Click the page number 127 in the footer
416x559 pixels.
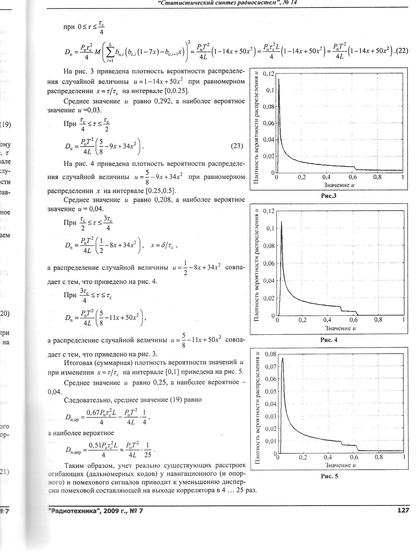pos(403,510)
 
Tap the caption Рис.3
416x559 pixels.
pos(328,196)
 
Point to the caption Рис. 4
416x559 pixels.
pos(329,340)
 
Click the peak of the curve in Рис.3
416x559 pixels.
pos(279,79)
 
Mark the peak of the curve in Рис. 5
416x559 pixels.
pos(283,358)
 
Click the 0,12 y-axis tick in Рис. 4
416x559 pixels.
pos(268,211)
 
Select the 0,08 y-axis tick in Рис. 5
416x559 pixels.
pos(271,354)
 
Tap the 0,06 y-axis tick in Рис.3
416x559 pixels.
pos(268,123)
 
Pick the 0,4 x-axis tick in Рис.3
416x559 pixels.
pos(326,177)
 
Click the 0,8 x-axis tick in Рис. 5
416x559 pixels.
pos(379,457)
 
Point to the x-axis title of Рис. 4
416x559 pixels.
pos(340,328)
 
